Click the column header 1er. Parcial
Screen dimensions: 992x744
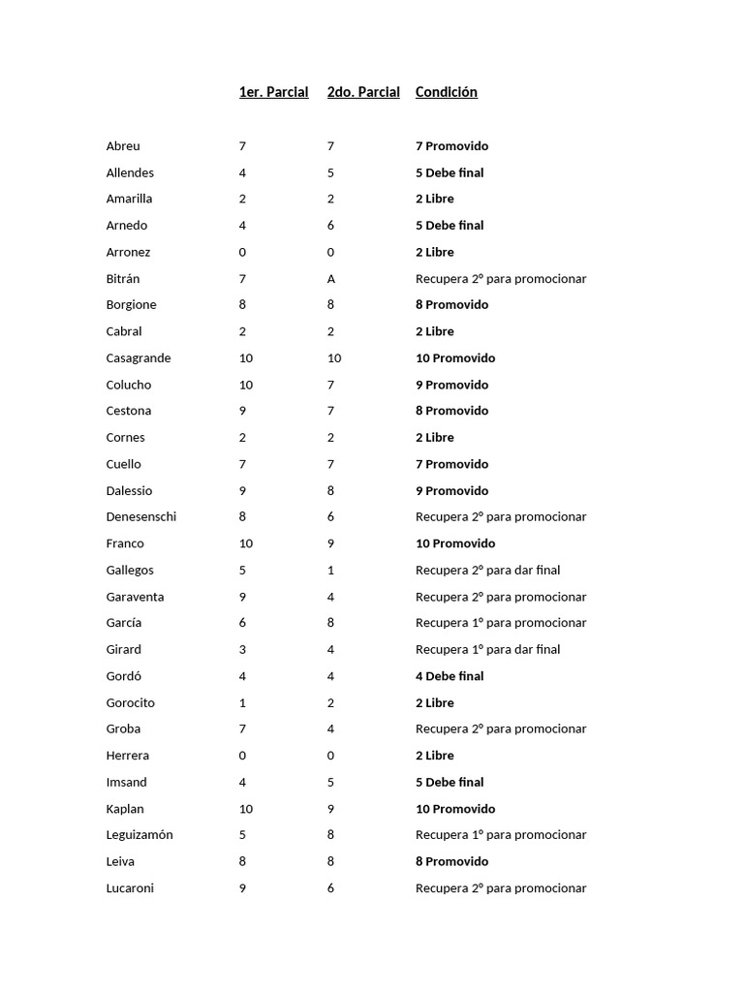point(273,92)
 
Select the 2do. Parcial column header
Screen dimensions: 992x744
point(363,92)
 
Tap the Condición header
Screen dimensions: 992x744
point(446,92)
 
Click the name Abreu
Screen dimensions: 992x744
point(123,146)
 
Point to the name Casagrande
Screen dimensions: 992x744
point(139,358)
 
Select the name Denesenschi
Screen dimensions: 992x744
point(141,517)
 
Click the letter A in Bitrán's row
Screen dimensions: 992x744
point(331,279)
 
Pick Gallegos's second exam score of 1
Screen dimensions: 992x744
point(330,571)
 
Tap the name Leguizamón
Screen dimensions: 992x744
point(139,835)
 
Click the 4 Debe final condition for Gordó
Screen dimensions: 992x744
point(449,676)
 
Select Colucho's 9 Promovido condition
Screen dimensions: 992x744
point(451,385)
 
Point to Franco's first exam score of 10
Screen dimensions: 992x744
point(246,543)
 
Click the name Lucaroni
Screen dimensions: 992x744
point(130,888)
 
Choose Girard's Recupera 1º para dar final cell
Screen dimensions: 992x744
point(487,650)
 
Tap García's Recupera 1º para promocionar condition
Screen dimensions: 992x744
point(501,623)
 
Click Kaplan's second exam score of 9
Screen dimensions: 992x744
point(330,809)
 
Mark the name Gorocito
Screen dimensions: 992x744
point(131,703)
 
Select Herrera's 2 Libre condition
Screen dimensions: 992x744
point(435,756)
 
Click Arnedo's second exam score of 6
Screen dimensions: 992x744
point(330,226)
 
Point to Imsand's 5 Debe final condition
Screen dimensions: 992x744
point(449,783)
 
